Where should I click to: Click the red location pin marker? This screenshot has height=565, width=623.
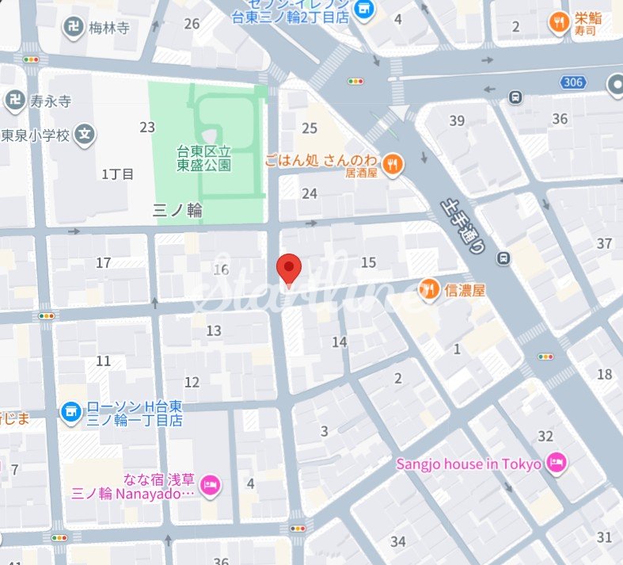[x=289, y=269]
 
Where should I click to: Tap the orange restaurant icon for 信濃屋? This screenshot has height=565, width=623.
[x=429, y=291]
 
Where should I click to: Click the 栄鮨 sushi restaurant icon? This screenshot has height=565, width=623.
[x=560, y=25]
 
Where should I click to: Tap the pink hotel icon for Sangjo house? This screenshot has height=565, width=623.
[x=557, y=464]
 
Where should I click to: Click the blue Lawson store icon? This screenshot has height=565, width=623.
[x=71, y=411]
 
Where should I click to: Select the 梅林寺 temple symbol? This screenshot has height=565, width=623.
[x=73, y=27]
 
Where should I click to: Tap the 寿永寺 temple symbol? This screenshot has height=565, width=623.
[x=13, y=101]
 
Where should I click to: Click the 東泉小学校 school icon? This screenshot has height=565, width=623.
[x=85, y=134]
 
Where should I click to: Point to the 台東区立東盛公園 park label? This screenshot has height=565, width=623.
[x=203, y=158]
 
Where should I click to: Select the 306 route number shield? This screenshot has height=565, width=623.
[x=574, y=82]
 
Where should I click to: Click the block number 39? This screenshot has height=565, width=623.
[x=457, y=120]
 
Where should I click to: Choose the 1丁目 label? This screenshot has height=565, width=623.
[x=118, y=174]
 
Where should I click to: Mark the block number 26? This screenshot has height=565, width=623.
[x=192, y=24]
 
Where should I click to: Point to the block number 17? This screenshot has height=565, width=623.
[x=103, y=262]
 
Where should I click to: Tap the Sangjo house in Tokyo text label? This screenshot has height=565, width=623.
[x=469, y=464]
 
